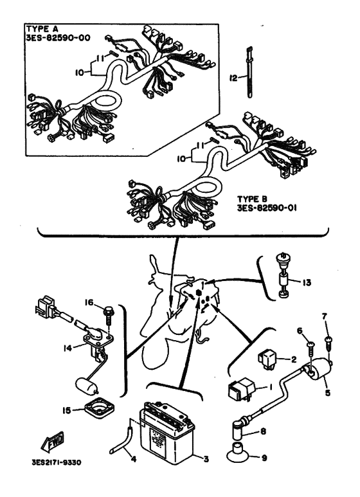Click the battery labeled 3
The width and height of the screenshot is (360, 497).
click(166, 433)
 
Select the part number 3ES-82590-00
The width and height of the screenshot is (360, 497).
click(58, 38)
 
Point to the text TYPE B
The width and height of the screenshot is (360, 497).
click(253, 199)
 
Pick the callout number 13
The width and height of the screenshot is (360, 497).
click(307, 282)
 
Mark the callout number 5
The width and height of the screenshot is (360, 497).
click(327, 393)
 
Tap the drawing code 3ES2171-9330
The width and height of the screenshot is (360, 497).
click(57, 463)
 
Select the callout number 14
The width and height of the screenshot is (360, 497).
click(67, 348)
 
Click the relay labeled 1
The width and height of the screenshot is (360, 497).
click(242, 388)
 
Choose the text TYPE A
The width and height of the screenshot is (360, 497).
click(42, 29)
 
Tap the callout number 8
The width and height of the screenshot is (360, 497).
click(264, 431)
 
